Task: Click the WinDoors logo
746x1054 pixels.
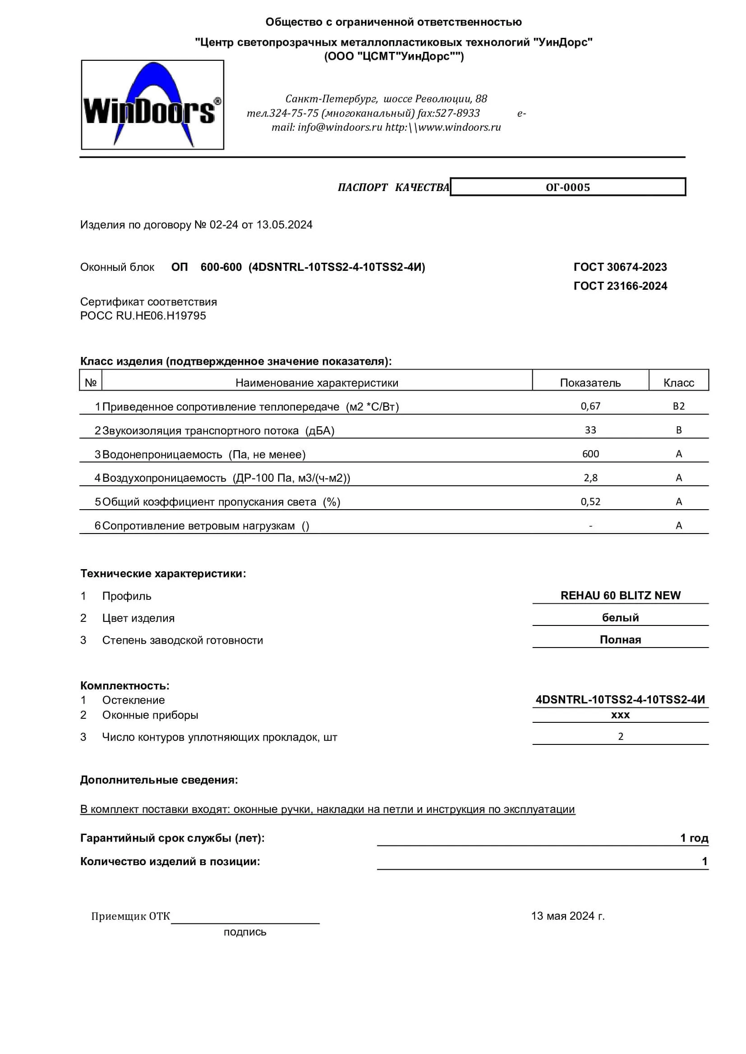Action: point(152,105)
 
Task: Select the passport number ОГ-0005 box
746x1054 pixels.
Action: point(568,187)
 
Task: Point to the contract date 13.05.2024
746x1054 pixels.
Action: point(284,225)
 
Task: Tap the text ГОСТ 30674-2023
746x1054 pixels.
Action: point(620,267)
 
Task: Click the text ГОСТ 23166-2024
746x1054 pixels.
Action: point(620,286)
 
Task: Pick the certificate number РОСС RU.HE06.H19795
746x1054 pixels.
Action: point(143,316)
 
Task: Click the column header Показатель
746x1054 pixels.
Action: point(590,383)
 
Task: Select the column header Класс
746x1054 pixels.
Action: point(678,383)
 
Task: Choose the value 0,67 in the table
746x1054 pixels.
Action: point(590,406)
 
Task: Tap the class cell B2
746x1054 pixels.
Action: point(678,406)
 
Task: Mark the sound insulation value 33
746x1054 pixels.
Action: point(590,430)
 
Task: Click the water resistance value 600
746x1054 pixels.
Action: point(590,454)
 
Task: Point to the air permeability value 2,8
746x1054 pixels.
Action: point(590,478)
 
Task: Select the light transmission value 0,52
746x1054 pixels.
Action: point(590,502)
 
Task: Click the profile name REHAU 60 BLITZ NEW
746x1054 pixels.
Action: point(620,596)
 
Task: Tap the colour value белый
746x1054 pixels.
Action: point(620,618)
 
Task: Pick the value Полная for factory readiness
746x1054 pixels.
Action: point(620,640)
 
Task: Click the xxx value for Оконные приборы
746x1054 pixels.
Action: point(620,715)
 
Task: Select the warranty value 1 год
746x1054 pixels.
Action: point(694,838)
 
